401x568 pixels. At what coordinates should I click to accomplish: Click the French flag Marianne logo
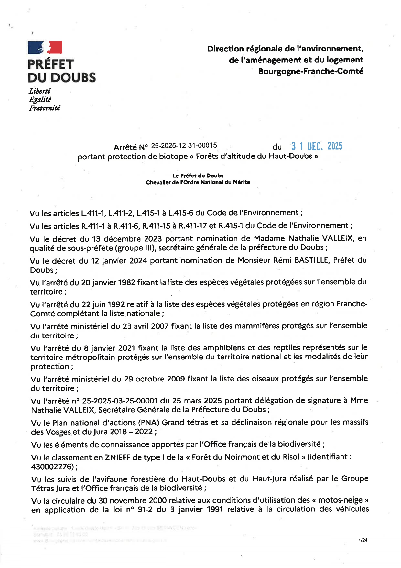tap(45, 48)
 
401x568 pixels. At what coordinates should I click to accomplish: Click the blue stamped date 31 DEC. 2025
tap(317, 146)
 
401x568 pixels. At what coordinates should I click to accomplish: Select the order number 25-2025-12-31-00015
tap(184, 146)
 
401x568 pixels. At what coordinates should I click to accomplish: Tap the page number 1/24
tap(363, 540)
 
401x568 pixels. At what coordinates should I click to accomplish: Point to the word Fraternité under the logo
tap(44, 108)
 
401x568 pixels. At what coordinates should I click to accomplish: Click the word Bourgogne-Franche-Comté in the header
tap(311, 71)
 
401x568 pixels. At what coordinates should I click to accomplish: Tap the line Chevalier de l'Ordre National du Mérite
tap(198, 182)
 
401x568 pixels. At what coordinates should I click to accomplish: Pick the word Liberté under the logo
tap(40, 91)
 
